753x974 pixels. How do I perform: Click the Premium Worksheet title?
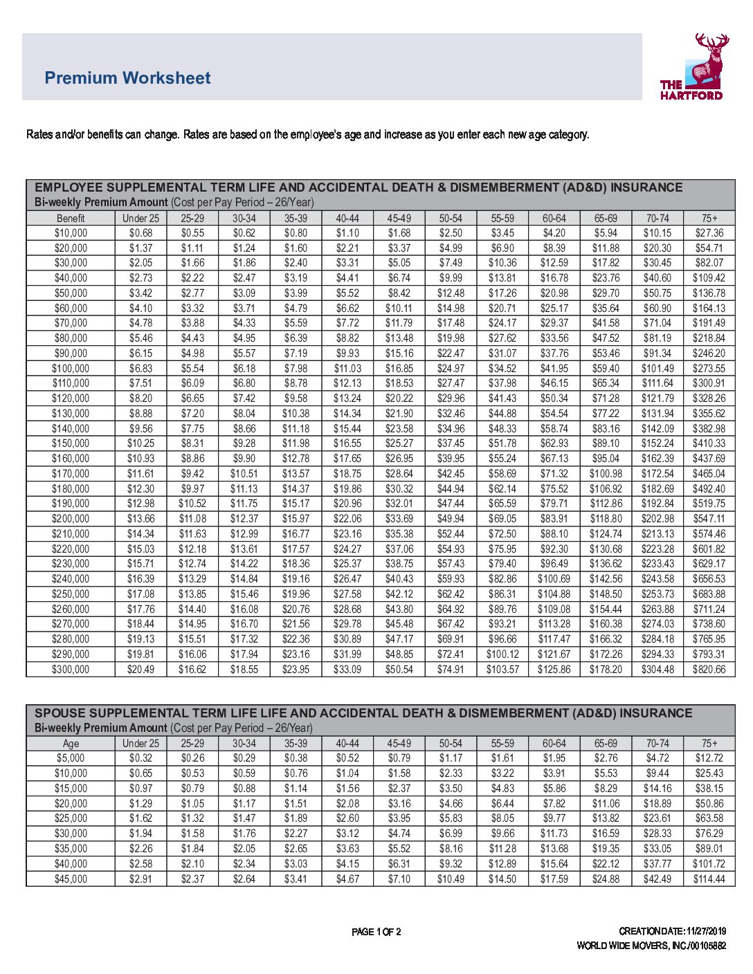click(127, 78)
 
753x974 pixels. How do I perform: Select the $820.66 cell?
click(709, 670)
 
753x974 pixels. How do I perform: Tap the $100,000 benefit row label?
click(71, 369)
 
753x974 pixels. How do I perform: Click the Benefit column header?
click(71, 218)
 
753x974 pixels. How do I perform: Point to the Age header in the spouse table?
click(71, 744)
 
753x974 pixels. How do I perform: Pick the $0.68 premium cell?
click(140, 233)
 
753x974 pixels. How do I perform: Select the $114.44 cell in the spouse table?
click(709, 879)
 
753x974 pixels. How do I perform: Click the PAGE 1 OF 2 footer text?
click(376, 932)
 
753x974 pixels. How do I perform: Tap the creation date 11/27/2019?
click(706, 931)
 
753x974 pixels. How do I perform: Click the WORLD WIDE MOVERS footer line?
click(651, 946)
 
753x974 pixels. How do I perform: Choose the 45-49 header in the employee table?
click(399, 218)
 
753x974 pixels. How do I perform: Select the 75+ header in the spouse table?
click(709, 744)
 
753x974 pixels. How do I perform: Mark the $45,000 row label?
click(71, 879)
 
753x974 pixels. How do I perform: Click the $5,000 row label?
click(71, 758)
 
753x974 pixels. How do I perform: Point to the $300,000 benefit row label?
click(71, 670)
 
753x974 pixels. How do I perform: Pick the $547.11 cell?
click(709, 519)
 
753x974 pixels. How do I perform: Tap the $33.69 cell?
click(399, 519)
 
